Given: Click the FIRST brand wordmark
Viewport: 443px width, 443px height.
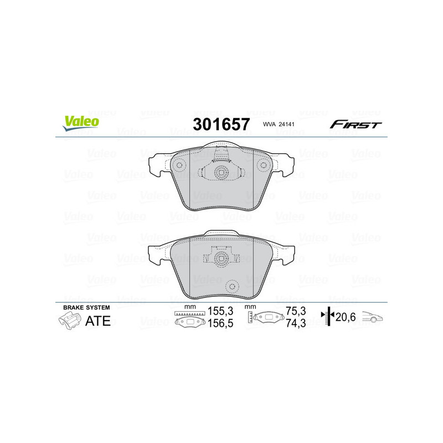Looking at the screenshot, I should [356, 125].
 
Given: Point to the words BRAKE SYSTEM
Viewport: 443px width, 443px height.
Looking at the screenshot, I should [86, 307].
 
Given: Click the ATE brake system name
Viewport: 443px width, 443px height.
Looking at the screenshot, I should [97, 321].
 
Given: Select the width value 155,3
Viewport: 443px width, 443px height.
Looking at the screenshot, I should [217, 311].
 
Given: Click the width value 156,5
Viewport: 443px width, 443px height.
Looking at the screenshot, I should [217, 324].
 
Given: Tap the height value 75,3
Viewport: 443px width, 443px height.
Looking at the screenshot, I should [295, 311].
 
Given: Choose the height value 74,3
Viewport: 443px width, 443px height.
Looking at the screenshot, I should [295, 324].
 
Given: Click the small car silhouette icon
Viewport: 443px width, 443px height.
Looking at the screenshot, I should [373, 317].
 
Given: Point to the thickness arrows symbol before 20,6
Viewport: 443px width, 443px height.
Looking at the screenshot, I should [329, 316].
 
